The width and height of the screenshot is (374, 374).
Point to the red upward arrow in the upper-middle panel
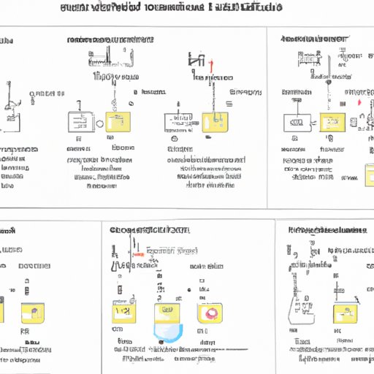(210, 66)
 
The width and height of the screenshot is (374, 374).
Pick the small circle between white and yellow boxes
(99, 123)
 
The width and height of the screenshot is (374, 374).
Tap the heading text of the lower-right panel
(327, 230)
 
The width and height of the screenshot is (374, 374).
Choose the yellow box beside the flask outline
(342, 314)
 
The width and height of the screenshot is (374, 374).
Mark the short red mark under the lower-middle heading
(137, 255)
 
